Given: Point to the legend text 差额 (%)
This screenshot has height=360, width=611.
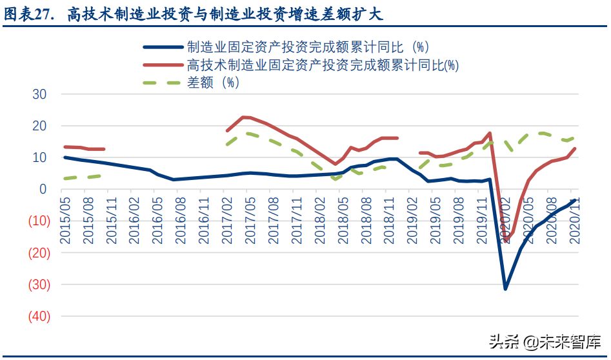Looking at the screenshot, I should tap(213, 83).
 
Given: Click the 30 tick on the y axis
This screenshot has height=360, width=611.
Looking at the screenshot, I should tap(39, 94).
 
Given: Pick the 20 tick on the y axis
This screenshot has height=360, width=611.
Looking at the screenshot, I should tap(39, 126).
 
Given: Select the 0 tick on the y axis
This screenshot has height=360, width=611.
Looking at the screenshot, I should tap(43, 189).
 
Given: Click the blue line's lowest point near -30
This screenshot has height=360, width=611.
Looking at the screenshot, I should tap(505, 288).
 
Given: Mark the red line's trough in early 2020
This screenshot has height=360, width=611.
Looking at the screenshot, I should tap(506, 241).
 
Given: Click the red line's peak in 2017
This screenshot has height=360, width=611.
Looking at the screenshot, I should tap(243, 117).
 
